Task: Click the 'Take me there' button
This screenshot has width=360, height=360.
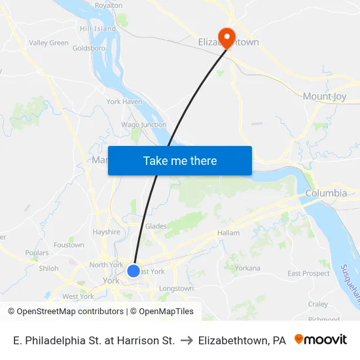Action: (179, 160)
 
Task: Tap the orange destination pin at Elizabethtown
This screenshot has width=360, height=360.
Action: (227, 37)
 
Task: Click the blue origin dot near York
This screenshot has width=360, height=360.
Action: (134, 270)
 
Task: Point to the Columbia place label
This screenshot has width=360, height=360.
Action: (326, 193)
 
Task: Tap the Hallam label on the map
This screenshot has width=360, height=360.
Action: (228, 232)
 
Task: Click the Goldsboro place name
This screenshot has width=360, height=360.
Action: (88, 48)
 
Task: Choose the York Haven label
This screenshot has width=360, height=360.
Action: (124, 101)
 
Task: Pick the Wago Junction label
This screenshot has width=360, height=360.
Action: (144, 124)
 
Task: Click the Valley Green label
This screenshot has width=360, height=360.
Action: (48, 43)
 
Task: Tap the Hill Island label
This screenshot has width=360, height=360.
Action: (98, 29)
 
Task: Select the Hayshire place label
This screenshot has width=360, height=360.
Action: (106, 232)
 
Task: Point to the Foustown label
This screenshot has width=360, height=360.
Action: (69, 245)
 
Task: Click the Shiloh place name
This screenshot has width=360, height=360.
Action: (48, 268)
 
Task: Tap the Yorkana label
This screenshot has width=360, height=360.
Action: (247, 268)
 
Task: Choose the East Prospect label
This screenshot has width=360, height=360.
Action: (308, 273)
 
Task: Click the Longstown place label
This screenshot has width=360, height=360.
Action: (176, 288)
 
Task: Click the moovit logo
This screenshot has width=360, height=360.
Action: (321, 340)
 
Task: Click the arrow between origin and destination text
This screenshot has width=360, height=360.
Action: (186, 340)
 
